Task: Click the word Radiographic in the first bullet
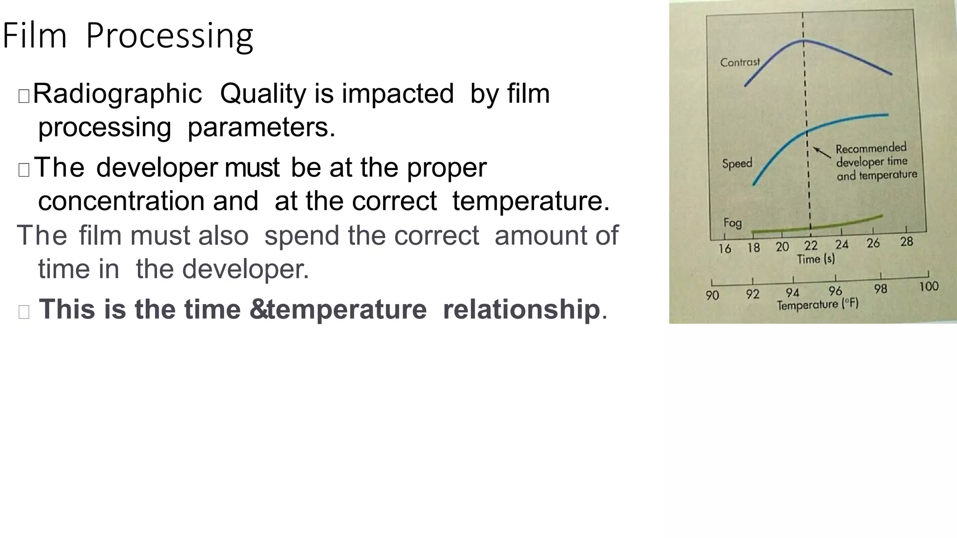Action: pos(117,93)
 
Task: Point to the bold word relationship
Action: pos(521,309)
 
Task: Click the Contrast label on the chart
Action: pos(740,62)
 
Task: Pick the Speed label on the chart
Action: pos(737,163)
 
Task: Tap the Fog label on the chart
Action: pos(732,222)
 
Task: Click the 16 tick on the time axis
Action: pos(725,248)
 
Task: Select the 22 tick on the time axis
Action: pos(811,246)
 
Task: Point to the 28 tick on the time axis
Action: pos(907,241)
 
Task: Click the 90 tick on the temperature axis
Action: pos(712,295)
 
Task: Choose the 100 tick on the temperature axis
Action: pos(928,286)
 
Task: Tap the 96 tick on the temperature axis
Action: pos(835,291)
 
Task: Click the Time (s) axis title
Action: pos(815,259)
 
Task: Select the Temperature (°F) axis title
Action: pos(817,304)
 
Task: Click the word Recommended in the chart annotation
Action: pos(871,149)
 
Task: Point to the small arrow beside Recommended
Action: pos(822,153)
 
